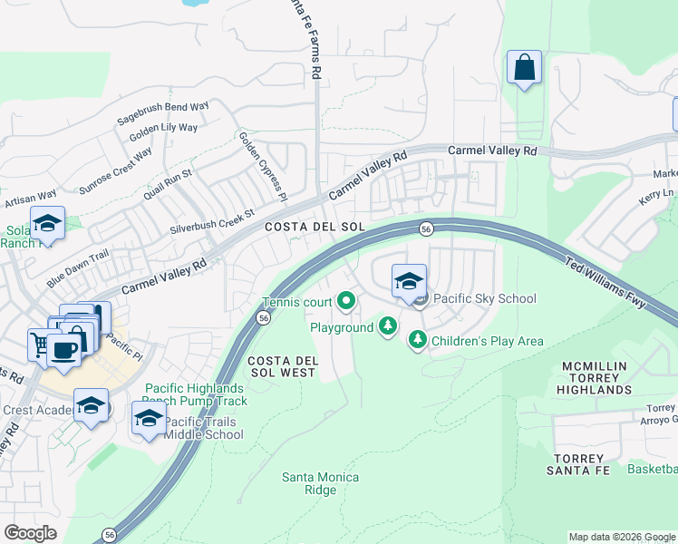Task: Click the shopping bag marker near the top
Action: pos(525,67)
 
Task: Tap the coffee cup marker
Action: pos(63,348)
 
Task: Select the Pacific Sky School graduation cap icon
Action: pos(409,281)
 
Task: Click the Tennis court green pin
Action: pos(345,300)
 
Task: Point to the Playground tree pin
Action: pos(388,325)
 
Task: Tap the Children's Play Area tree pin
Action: pos(418,340)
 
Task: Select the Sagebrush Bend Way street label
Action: pos(163,113)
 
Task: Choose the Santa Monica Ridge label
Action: pos(321,483)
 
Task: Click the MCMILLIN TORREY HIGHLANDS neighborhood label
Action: pos(596,378)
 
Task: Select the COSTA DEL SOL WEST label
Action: pos(282,366)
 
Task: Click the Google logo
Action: pos(30,532)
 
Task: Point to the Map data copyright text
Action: pos(621,537)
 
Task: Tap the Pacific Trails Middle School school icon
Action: pos(150,419)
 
